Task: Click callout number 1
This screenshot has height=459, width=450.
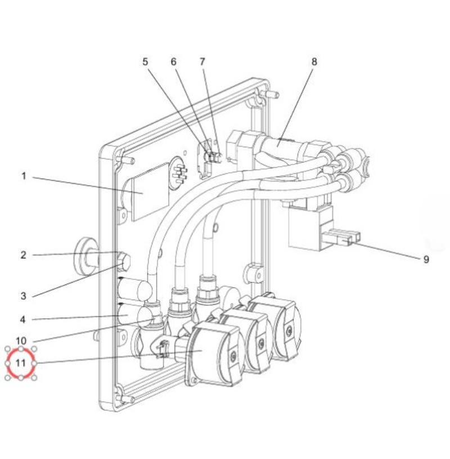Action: (x=24, y=176)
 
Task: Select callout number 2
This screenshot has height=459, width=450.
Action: (x=24, y=255)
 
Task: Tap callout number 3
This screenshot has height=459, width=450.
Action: (x=24, y=296)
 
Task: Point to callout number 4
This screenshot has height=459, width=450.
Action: (x=23, y=319)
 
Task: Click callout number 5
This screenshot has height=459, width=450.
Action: (x=145, y=62)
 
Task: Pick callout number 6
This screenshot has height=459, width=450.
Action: (x=174, y=62)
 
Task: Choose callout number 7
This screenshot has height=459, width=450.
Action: (x=202, y=62)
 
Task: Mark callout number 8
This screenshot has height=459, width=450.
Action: (x=314, y=62)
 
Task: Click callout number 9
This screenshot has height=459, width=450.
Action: (x=426, y=260)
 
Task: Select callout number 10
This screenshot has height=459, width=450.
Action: (x=21, y=341)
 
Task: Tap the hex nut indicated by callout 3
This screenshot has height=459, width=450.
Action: (x=124, y=262)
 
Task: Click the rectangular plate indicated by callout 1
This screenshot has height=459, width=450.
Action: (x=151, y=192)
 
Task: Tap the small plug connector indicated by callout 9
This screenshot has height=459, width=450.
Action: (x=342, y=238)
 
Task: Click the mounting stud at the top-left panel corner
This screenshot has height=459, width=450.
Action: (x=127, y=159)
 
